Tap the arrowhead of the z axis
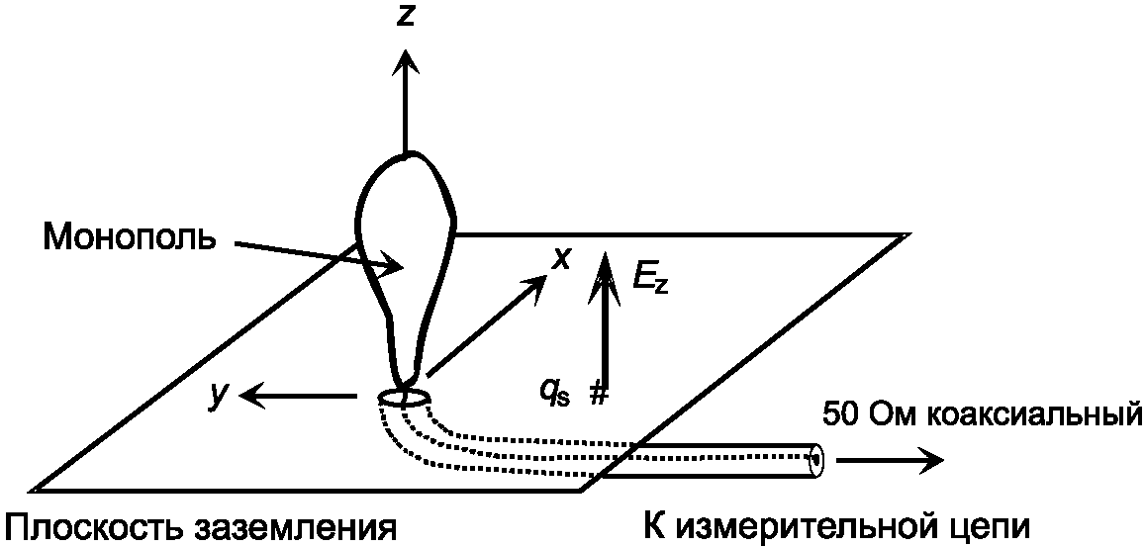click(404, 61)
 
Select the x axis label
click(562, 259)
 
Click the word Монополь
click(129, 236)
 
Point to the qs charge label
click(553, 392)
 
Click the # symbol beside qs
click(598, 393)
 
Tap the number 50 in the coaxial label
click(838, 413)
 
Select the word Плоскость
click(90, 526)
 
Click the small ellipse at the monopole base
click(404, 398)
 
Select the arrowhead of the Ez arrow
click(600, 263)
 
